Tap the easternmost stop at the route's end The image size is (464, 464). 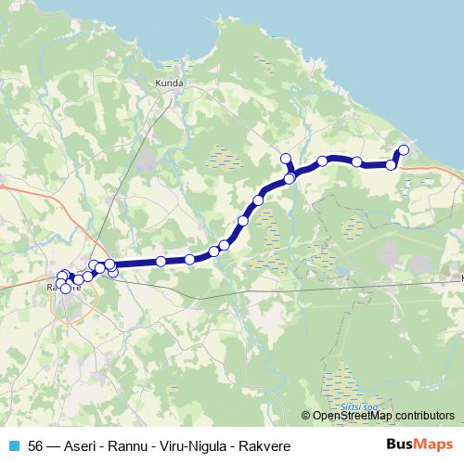point(403,149)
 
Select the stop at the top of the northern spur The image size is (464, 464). point(286,158)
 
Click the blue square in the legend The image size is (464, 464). point(12,447)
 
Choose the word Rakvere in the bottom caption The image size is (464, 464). point(264,447)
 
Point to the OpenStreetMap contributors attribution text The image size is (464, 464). point(382,416)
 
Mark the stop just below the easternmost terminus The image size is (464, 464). point(392,164)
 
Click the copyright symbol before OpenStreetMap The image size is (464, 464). point(306,416)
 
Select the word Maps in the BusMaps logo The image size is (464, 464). point(429,445)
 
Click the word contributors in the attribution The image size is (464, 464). point(425,416)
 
